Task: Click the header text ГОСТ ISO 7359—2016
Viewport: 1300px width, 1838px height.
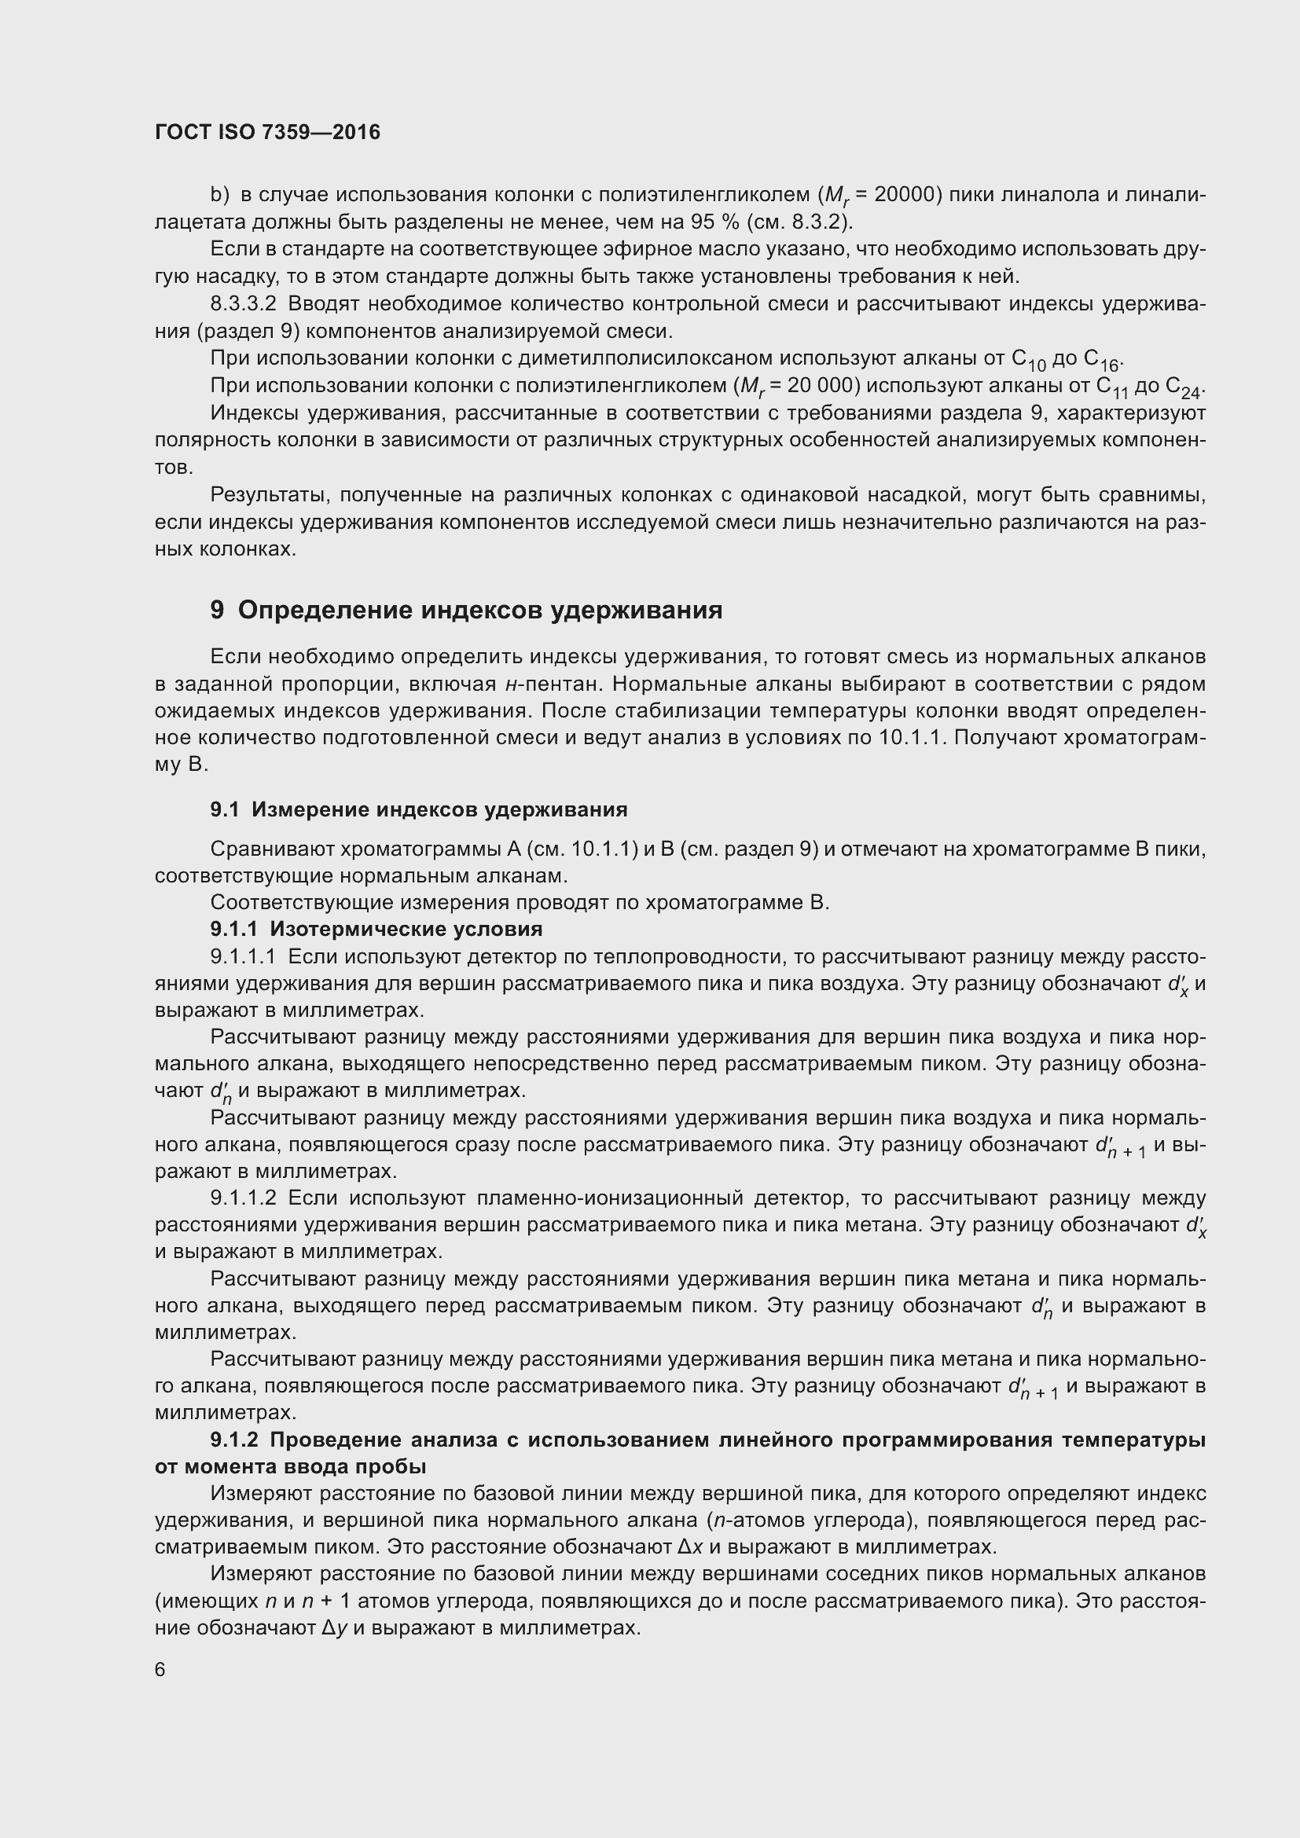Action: tap(267, 132)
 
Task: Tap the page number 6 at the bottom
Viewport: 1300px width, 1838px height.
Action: tap(160, 1669)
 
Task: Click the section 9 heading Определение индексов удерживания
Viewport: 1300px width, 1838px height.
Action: tap(466, 610)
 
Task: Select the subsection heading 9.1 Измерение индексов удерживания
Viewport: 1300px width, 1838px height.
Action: tap(419, 809)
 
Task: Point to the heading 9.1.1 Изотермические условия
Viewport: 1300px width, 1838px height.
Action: tap(376, 929)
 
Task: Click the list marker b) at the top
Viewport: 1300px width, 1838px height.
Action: tap(219, 195)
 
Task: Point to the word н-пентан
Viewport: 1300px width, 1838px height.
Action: tap(554, 684)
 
